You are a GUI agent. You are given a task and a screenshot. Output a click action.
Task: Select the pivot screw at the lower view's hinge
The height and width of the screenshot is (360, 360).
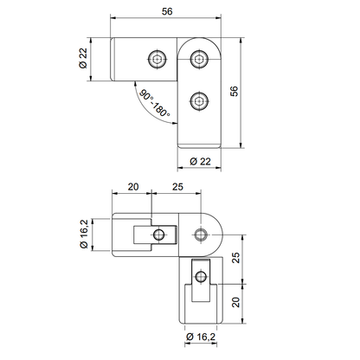(x=201, y=234)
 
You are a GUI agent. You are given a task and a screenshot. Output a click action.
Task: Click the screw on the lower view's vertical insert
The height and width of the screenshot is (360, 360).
(x=200, y=276)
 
